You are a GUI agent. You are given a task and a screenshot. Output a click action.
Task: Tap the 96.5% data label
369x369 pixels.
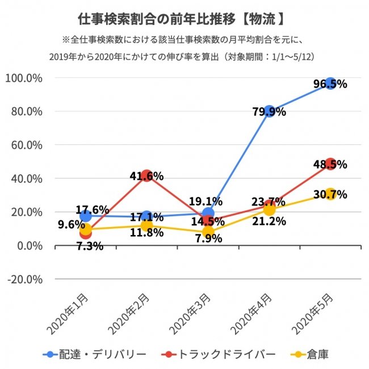click(330, 84)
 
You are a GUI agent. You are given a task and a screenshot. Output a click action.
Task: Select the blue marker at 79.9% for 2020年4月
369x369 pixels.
click(269, 111)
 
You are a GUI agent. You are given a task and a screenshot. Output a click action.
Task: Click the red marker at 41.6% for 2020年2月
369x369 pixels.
click(147, 176)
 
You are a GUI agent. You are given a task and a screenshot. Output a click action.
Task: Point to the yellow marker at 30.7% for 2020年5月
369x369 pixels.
click(330, 194)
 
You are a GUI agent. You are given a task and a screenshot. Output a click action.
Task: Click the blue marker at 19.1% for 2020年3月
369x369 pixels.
click(208, 213)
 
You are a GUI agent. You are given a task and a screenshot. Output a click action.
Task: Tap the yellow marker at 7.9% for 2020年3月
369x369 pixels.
click(208, 232)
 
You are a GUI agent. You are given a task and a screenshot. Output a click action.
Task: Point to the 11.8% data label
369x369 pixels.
click(148, 232)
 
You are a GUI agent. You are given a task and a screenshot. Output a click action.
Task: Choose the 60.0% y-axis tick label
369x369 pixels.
click(26, 145)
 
